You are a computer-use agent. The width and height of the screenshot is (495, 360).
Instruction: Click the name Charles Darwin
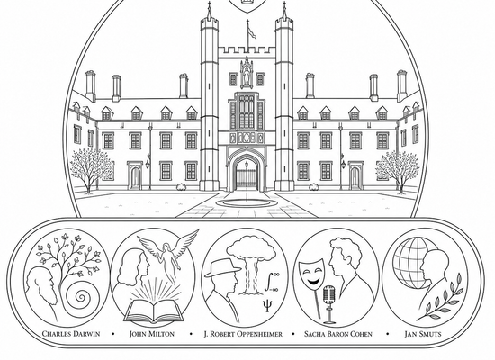pyautogui.click(x=71, y=334)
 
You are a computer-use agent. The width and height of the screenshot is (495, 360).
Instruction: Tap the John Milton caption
pyautogui.click(x=152, y=334)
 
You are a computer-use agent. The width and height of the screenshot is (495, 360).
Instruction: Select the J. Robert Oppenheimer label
pyautogui.click(x=243, y=334)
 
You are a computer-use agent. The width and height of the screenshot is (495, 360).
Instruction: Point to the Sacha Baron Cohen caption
pyautogui.click(x=338, y=334)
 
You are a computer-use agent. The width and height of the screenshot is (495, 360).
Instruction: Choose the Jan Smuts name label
pyautogui.click(x=423, y=334)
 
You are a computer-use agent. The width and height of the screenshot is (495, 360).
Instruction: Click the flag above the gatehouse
pyautogui.click(x=252, y=32)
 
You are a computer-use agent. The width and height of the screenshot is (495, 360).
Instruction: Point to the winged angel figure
pyautogui.click(x=168, y=249)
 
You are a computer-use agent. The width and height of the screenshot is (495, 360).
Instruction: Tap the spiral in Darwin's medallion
pyautogui.click(x=81, y=297)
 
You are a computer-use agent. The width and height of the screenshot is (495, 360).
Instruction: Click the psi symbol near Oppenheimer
pyautogui.click(x=267, y=305)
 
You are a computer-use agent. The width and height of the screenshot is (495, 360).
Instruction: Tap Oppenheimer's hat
pyautogui.click(x=222, y=268)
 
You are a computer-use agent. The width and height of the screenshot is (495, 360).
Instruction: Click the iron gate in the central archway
pyautogui.click(x=247, y=179)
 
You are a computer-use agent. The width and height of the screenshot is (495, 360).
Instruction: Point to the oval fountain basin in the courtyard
pyautogui.click(x=247, y=203)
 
